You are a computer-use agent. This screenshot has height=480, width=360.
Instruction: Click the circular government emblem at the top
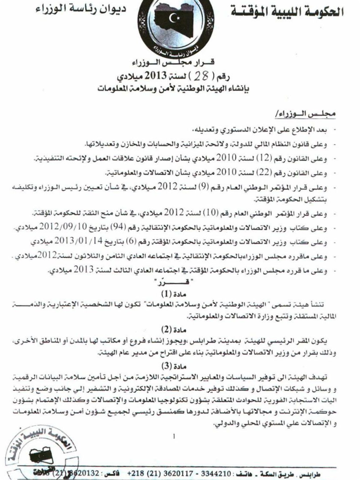click(x=175, y=26)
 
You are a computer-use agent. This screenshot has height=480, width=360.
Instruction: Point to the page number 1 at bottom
click(x=174, y=437)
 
